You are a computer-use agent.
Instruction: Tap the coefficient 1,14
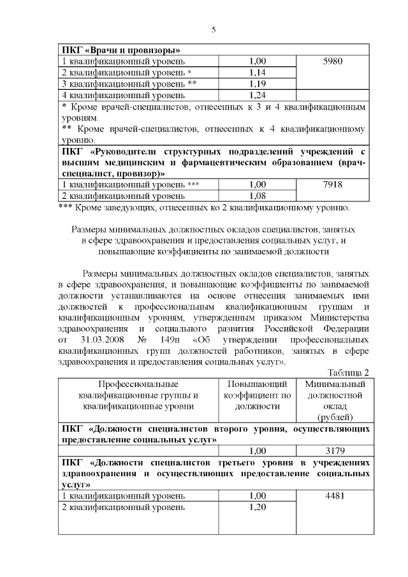point(258,73)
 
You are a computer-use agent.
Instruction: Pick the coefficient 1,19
point(258,84)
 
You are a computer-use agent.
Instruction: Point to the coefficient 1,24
point(258,96)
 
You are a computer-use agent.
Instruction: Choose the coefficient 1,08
point(258,196)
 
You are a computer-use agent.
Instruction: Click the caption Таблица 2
point(348,372)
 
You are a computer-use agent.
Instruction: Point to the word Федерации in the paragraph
point(344,328)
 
